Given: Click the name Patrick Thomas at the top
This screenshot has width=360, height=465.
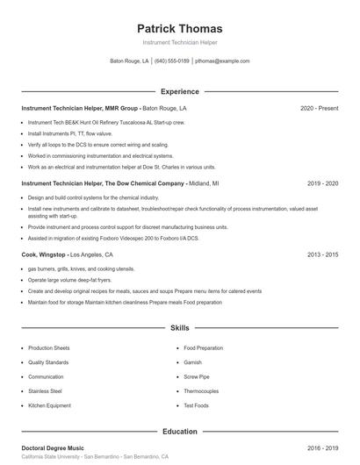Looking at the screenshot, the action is point(179,28).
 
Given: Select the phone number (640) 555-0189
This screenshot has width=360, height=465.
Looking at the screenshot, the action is point(172,61).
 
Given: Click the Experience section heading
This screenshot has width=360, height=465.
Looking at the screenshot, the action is point(179,91).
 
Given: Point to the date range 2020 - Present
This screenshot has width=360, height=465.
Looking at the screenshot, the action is point(319,108).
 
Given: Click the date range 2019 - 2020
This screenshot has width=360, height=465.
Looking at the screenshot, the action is point(322,183).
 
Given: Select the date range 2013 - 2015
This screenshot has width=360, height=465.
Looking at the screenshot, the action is point(322,254).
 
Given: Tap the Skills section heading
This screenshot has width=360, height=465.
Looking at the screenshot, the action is point(179,327).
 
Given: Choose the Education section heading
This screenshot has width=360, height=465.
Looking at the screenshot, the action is point(179,431).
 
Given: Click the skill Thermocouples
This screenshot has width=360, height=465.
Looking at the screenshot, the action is point(201,391).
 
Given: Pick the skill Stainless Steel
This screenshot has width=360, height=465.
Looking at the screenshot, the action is point(45,391).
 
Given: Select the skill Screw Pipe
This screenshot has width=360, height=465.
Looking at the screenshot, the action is point(197,376).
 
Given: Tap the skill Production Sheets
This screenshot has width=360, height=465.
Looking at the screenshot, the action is point(48,347).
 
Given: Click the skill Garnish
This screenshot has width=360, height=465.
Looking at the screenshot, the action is point(193,362).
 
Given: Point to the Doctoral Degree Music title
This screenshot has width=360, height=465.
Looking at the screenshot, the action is point(54,447).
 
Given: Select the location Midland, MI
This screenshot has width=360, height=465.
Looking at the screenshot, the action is point(204,183).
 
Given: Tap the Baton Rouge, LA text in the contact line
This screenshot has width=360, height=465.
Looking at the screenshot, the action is point(129,61).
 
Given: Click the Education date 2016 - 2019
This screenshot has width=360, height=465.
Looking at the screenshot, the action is point(322,447).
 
